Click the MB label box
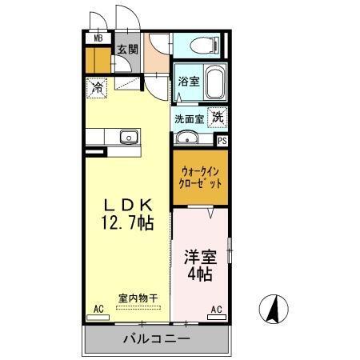(x=98, y=38)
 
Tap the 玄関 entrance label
(x=128, y=49)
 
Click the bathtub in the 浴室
(x=214, y=84)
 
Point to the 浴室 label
(x=188, y=81)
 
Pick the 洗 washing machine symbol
(x=217, y=117)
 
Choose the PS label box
(x=222, y=139)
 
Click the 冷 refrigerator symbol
(x=97, y=86)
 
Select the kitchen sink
(x=128, y=137)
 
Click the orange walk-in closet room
(x=200, y=177)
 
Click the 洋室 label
(x=200, y=258)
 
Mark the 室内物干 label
(x=138, y=298)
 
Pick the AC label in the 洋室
(x=217, y=308)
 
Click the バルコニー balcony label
(x=157, y=339)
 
